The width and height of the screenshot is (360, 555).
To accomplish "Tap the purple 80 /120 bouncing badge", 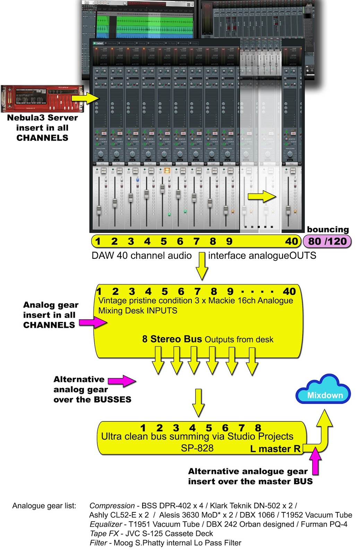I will pos(327,241).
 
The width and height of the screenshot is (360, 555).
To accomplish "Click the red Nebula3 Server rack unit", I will pos(42,99).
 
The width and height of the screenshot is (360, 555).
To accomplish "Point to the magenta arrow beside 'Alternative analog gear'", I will pos(122,381).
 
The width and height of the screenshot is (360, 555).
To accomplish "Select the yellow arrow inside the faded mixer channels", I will pos(262,197).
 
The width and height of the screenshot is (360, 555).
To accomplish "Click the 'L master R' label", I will pos(275,449).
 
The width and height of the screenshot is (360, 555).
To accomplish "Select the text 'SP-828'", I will pos(197,448).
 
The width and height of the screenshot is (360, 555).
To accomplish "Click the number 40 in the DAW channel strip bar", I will pos(292,241).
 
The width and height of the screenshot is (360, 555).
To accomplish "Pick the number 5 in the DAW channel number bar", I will pos(164,241).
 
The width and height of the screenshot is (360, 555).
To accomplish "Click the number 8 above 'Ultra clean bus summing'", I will pos(258,428).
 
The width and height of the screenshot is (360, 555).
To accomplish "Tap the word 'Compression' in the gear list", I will pos(112,506).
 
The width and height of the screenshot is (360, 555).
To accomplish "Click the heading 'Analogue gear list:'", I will pos(44,506).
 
